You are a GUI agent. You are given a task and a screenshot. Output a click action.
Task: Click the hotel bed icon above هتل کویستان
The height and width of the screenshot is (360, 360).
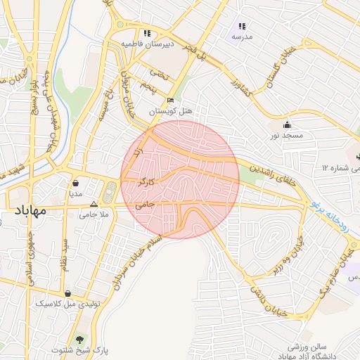pos(170,100)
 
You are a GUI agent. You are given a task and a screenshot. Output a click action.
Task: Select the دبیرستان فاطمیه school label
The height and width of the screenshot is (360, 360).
pos(147,44)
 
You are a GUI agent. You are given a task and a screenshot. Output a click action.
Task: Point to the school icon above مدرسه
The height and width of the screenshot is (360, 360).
pos(242,26)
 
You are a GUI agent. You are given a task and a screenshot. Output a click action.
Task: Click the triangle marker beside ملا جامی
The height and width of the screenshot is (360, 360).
pos(94,204)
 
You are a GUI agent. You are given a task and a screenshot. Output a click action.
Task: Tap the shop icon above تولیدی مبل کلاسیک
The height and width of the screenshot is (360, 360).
pos(67,292)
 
